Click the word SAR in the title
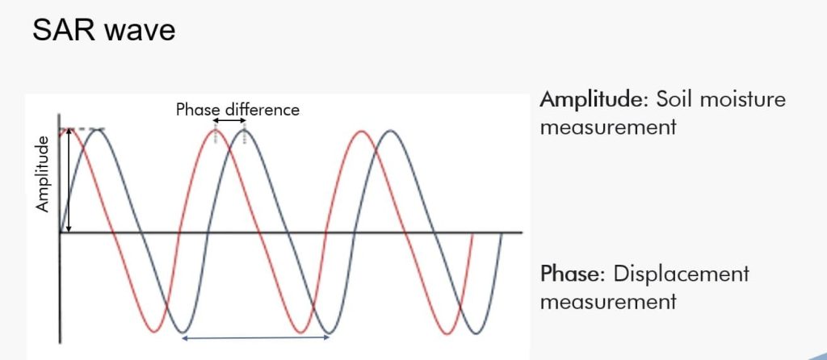pyautogui.click(x=64, y=30)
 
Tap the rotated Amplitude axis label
pyautogui.click(x=42, y=174)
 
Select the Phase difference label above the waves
pyautogui.click(x=237, y=110)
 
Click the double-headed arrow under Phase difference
pyautogui.click(x=229, y=121)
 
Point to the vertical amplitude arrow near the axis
pyautogui.click(x=69, y=180)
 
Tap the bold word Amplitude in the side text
pyautogui.click(x=594, y=100)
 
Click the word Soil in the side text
pyautogui.click(x=672, y=99)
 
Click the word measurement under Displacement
pyautogui.click(x=608, y=302)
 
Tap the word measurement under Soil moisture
pyautogui.click(x=608, y=128)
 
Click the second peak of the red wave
pyautogui.click(x=216, y=130)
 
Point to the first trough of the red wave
pyautogui.click(x=154, y=332)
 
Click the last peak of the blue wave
pyautogui.click(x=390, y=131)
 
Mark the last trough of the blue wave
pyautogui.click(x=476, y=333)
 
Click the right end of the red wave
pyautogui.click(x=472, y=233)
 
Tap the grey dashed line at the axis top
pyautogui.click(x=83, y=129)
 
